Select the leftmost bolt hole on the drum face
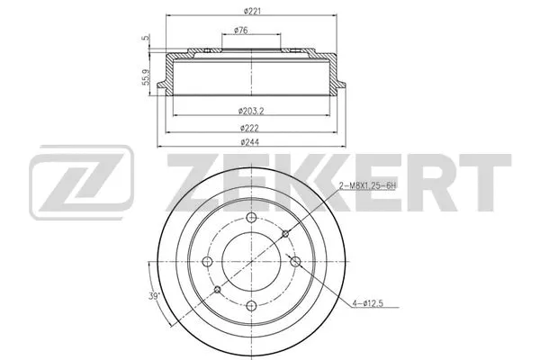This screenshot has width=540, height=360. [208, 261]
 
